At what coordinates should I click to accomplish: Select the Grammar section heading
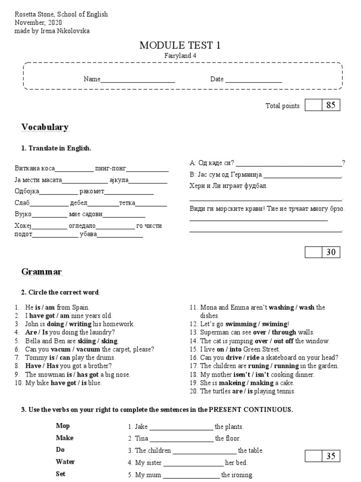click(x=41, y=272)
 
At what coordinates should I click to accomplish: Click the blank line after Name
click(x=138, y=80)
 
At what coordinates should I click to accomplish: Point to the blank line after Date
click(x=253, y=80)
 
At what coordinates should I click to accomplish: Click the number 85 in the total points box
click(x=330, y=105)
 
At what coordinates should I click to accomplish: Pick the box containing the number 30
click(x=330, y=252)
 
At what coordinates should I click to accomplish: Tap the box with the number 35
click(x=330, y=456)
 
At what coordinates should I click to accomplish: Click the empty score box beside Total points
click(x=313, y=105)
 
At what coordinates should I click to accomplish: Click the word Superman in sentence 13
click(x=213, y=332)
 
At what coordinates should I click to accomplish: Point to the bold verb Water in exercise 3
click(x=65, y=462)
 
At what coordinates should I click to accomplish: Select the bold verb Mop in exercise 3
click(x=63, y=426)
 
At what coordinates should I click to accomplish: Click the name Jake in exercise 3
click(x=141, y=427)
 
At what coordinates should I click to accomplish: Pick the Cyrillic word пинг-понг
click(x=110, y=168)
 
